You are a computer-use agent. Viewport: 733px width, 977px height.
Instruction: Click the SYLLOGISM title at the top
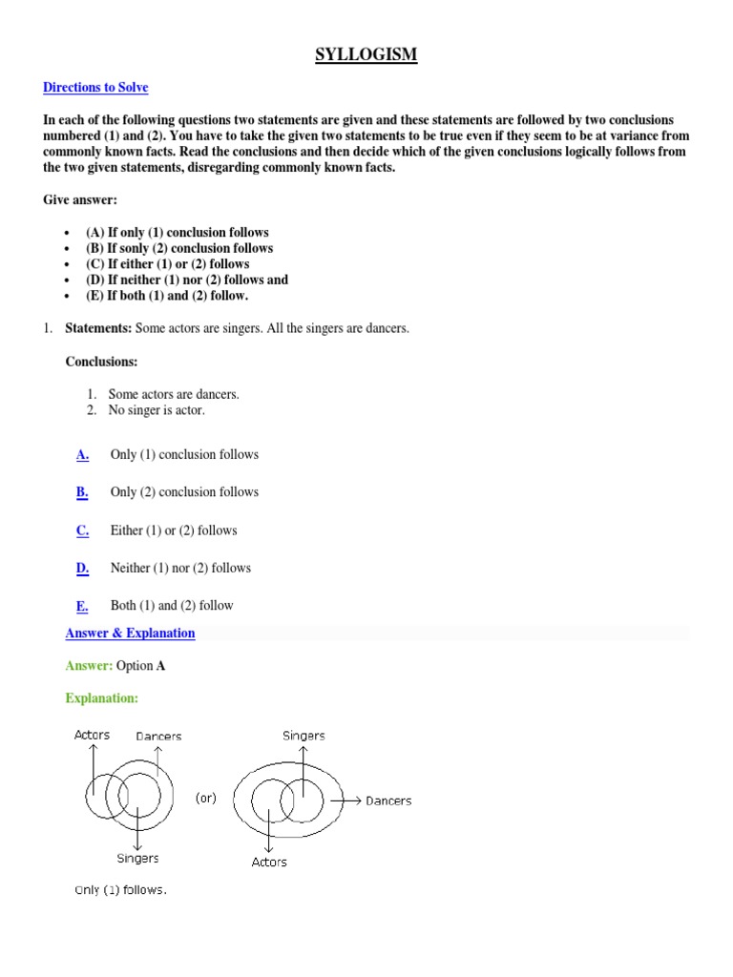point(366,54)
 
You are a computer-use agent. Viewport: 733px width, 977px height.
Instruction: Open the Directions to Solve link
point(95,88)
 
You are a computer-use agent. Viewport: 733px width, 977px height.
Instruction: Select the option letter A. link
point(83,455)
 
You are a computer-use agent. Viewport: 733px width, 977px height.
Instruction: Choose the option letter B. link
point(83,492)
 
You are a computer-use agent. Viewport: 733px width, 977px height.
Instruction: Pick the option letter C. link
point(83,530)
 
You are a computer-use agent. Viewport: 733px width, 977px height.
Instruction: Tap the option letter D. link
point(83,568)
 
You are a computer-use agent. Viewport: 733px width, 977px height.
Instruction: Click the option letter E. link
point(83,606)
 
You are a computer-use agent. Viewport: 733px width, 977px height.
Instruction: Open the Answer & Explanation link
point(130,634)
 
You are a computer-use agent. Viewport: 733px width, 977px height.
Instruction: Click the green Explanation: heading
point(101,698)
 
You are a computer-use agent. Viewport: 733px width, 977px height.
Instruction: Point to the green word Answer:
point(89,666)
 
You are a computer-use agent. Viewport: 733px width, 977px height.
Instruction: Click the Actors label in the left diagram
point(93,735)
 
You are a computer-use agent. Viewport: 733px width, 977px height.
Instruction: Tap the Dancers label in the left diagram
point(158,737)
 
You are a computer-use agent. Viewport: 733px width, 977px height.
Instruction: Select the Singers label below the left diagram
point(138,859)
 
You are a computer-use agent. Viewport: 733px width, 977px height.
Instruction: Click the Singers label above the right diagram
point(304,736)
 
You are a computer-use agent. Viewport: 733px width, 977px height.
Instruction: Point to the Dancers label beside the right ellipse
point(388,800)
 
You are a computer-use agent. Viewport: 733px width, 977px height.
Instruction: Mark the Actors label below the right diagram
point(269,863)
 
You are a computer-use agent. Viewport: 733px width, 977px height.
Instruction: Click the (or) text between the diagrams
point(205,799)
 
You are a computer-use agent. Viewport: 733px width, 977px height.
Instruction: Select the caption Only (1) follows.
point(120,890)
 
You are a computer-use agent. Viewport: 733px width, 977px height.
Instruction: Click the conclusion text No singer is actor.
point(157,410)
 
